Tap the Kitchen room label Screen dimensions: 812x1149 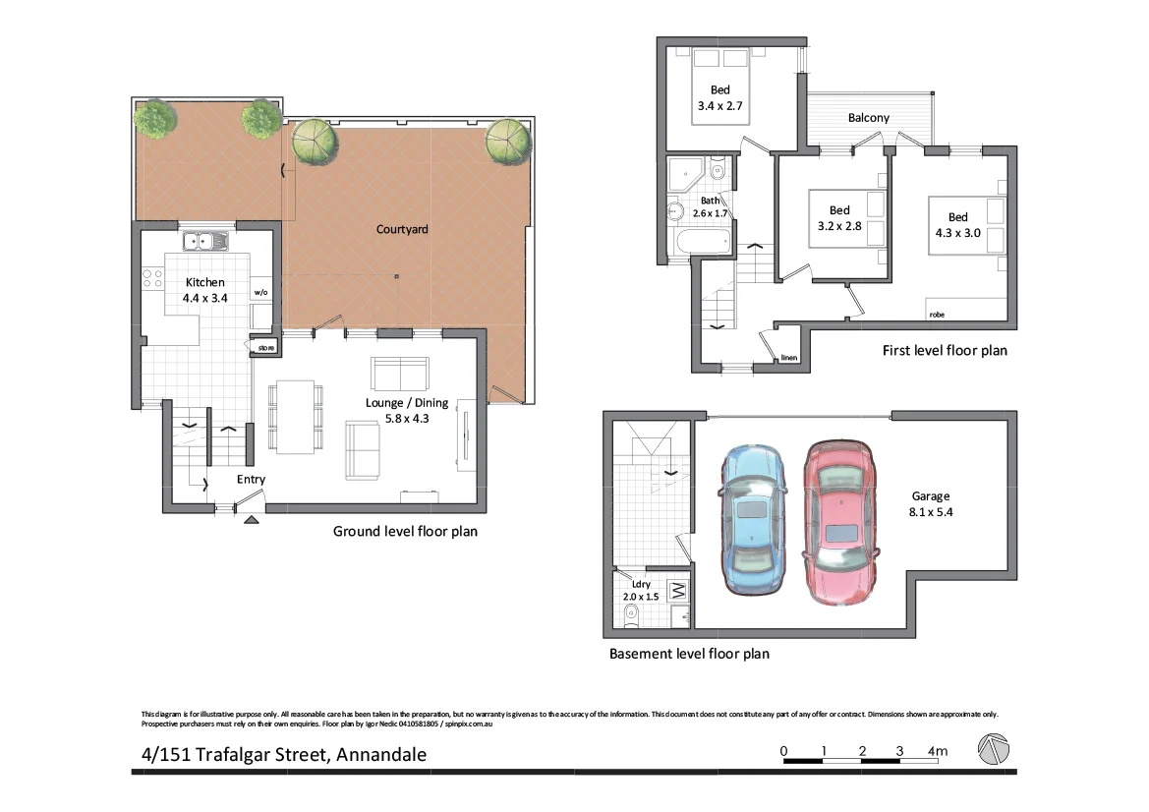click(x=205, y=290)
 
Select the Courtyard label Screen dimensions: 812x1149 click(x=402, y=229)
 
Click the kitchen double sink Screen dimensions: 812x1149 click(x=204, y=240)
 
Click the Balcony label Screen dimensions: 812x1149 click(x=868, y=118)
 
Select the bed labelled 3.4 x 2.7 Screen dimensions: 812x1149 click(x=720, y=87)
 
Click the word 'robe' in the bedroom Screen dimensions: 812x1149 click(x=937, y=315)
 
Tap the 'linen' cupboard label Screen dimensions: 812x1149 click(x=788, y=358)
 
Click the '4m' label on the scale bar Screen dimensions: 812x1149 click(x=937, y=752)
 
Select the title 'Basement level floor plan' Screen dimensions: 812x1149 click(x=689, y=653)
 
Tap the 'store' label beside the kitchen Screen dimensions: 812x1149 click(x=265, y=348)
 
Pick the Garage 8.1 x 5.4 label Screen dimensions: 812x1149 click(x=930, y=504)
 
